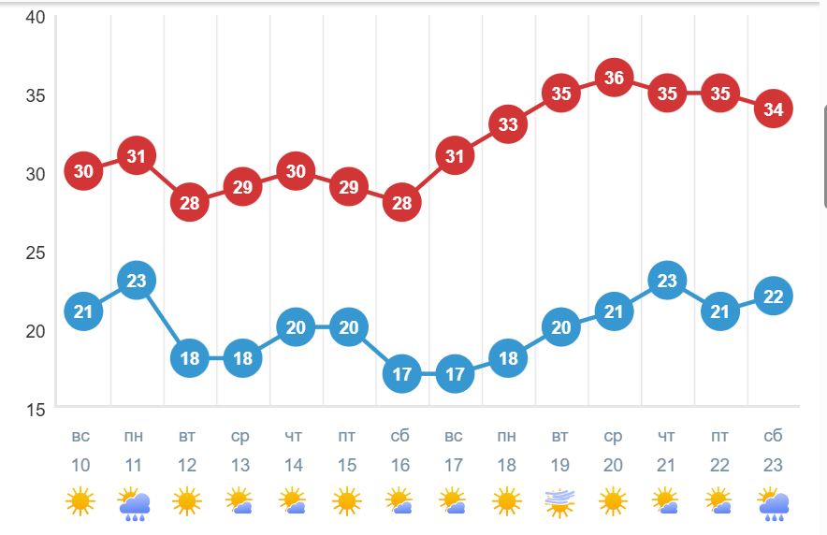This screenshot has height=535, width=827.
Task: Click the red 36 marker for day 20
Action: click(614, 78)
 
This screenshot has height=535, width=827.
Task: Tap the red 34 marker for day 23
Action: click(774, 108)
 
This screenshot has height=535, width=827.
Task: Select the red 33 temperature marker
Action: click(508, 124)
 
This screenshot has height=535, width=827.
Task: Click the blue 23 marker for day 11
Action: click(137, 280)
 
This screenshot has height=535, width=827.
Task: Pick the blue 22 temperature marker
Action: click(774, 296)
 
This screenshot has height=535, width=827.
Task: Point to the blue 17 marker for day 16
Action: click(401, 374)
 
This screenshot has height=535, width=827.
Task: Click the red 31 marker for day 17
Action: click(455, 155)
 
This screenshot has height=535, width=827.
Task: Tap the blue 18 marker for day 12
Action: click(189, 358)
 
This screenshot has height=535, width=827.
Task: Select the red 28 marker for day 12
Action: click(189, 202)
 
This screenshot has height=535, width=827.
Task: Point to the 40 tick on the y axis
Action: click(35, 19)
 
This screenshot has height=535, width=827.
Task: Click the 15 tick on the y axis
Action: click(35, 409)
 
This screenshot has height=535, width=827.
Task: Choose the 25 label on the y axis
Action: click(35, 253)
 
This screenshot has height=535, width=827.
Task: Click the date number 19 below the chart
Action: click(560, 465)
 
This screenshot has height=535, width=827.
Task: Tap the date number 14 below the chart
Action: click(294, 465)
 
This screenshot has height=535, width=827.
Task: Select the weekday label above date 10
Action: click(81, 437)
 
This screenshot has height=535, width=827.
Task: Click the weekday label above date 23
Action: click(774, 437)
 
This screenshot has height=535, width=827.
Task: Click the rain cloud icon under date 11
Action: click(135, 503)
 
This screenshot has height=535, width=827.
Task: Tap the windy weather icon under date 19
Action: click(560, 503)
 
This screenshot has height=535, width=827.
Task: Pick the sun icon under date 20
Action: click(614, 503)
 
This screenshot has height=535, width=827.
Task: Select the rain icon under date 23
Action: click(773, 503)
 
